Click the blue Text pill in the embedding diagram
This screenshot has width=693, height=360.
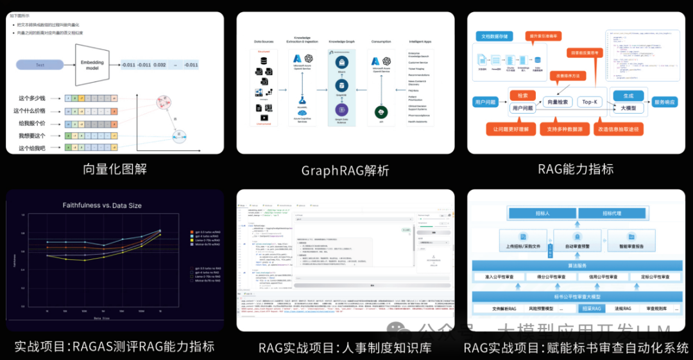(x=40, y=65)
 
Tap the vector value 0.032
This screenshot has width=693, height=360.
(x=160, y=65)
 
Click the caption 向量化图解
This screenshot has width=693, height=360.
(x=115, y=169)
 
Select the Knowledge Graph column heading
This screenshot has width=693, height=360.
(x=341, y=41)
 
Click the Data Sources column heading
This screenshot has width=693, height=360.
(x=264, y=41)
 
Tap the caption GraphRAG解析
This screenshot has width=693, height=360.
(x=345, y=171)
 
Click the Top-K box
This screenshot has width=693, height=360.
(x=590, y=102)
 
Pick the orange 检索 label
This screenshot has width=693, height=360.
(x=522, y=95)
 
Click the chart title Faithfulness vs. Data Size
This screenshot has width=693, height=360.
(x=102, y=205)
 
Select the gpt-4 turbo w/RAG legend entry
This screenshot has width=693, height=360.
(x=207, y=236)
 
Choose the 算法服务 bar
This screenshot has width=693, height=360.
(x=576, y=266)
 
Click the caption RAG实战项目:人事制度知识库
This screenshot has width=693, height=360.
(x=345, y=347)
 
